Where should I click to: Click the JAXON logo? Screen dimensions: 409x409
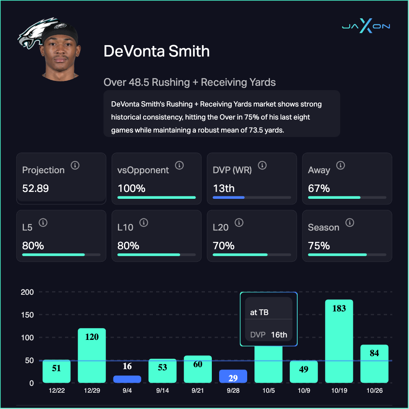coord(366,26)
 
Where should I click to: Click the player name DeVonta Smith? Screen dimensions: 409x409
coord(157,51)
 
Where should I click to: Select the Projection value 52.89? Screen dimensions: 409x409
coord(35,189)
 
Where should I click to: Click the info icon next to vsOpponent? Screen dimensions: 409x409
coord(179,165)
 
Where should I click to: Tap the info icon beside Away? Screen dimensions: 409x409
coord(341,165)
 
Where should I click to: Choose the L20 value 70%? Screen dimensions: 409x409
coord(224,246)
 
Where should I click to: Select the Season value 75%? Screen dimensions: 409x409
coord(319,246)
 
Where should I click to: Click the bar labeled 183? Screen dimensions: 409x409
coord(339,342)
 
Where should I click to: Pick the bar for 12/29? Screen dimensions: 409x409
coord(92,355)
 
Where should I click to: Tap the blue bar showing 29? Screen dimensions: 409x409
coord(233,376)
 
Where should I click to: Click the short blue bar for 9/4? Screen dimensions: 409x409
coord(127,379)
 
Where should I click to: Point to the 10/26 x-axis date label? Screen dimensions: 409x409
coord(374,390)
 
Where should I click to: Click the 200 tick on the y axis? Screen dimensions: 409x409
coord(27,292)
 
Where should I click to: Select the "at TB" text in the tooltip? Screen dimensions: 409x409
coord(259,313)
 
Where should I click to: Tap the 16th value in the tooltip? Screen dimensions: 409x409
coord(279,335)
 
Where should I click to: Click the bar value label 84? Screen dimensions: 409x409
coord(374,353)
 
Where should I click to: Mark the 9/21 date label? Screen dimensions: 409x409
coord(198,390)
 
